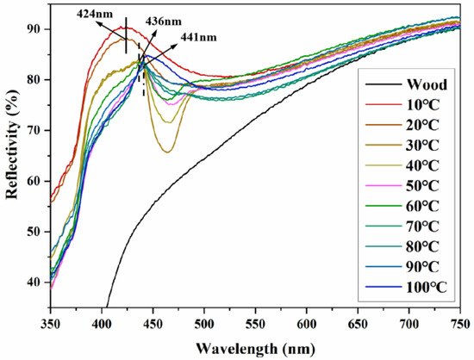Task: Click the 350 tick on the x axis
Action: pos(51,323)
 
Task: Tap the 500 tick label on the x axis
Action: pos(203,323)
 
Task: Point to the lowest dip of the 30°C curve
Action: pos(167,152)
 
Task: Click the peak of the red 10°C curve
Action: pos(125,28)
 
